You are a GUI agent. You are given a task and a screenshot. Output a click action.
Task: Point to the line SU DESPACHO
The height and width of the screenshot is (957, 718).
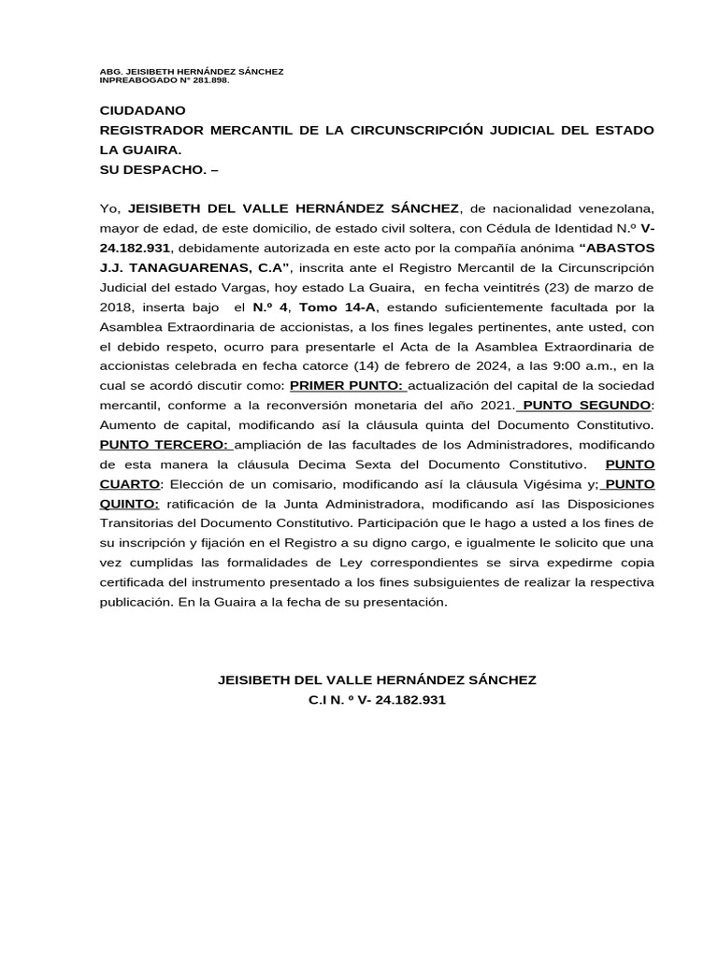[x=157, y=169]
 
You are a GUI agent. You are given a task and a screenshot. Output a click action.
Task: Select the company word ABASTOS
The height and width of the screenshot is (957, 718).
[x=620, y=247]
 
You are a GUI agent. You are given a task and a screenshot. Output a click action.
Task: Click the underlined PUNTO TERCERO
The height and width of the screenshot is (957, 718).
[x=165, y=444]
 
